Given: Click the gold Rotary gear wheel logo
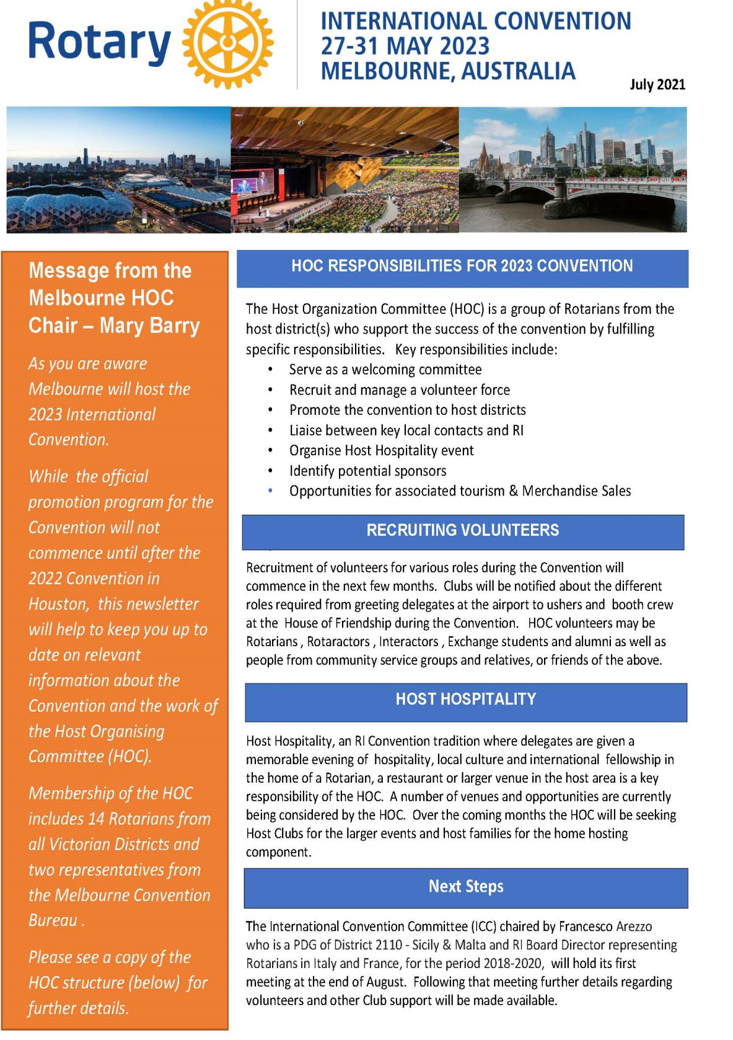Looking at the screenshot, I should (x=228, y=43).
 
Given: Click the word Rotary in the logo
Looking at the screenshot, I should (x=99, y=42).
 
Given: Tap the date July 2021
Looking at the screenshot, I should (x=657, y=84).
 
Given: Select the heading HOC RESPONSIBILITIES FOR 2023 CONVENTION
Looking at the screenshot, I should (x=462, y=267).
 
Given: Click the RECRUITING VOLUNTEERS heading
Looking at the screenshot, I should (x=462, y=531).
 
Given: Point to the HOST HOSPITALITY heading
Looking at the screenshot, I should (x=466, y=700).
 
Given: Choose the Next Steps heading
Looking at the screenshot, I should (x=466, y=887).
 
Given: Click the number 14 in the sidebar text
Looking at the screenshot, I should (x=96, y=819).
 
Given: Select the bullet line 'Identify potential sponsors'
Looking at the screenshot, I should (x=367, y=471).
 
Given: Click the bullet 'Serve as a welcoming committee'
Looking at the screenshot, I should (x=385, y=370).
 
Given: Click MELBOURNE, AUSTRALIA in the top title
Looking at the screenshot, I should (x=448, y=71).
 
